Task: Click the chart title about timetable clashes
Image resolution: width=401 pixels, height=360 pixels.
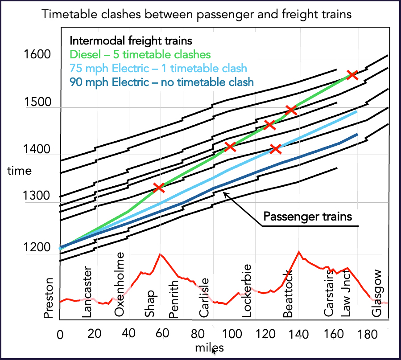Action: coord(196,14)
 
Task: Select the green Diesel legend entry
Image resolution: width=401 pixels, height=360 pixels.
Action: coord(140,54)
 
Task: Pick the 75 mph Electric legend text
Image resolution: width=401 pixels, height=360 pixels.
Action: coord(158,68)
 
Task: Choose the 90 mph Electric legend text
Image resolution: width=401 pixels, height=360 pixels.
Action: coord(161,82)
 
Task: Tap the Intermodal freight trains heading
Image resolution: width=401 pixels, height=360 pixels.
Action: coord(131,41)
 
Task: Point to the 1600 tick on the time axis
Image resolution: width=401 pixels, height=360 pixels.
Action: coord(37,54)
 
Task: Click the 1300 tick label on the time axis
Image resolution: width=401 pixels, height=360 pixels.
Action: coord(37,196)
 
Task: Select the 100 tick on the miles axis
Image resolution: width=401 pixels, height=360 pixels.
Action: coord(232,334)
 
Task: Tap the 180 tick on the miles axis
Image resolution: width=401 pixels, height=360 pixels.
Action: coord(368,334)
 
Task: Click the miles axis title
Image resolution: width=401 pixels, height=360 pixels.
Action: coord(209,348)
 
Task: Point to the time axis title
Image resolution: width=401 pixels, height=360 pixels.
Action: coord(20,171)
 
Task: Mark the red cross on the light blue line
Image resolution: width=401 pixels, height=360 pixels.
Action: coord(276,149)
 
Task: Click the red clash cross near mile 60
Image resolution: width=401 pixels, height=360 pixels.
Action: coord(159,188)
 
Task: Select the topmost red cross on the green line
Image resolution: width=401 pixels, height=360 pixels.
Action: coord(352,75)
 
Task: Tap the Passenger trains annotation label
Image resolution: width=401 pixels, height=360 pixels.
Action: coord(308,217)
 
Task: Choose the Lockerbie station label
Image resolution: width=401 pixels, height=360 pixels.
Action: coord(247,291)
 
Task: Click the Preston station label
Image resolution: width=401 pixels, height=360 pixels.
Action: coord(48,298)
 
